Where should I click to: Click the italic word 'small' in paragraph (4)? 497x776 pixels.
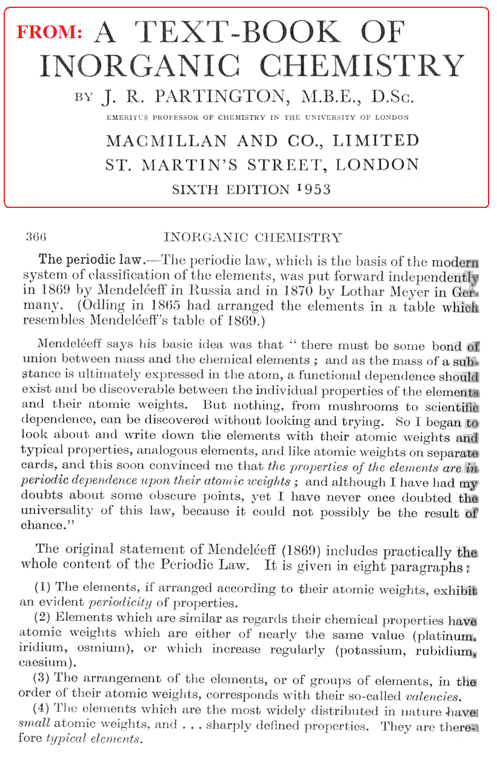tap(34, 725)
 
